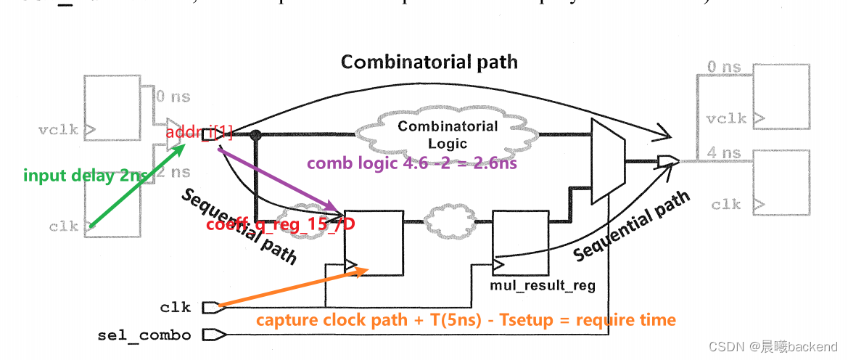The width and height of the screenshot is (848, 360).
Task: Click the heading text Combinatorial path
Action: pos(429,62)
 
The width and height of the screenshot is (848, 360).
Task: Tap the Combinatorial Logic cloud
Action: pos(448,134)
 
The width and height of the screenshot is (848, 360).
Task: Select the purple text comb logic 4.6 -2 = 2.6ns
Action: pos(411,163)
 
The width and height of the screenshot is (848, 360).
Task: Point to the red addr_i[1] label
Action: pos(199,132)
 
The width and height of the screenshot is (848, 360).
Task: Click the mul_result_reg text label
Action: pos(543,285)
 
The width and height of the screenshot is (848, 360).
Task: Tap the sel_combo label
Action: pos(144,335)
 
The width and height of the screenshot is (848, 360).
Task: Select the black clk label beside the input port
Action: pos(175,307)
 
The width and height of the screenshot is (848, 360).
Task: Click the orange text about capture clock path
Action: pos(466,320)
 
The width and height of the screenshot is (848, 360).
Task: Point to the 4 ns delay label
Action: pos(724,153)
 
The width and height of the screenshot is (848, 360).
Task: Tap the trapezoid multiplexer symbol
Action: pos(609,162)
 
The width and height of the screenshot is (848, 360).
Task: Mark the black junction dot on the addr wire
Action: pos(255,134)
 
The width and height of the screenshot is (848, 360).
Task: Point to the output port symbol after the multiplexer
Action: pos(667,161)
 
